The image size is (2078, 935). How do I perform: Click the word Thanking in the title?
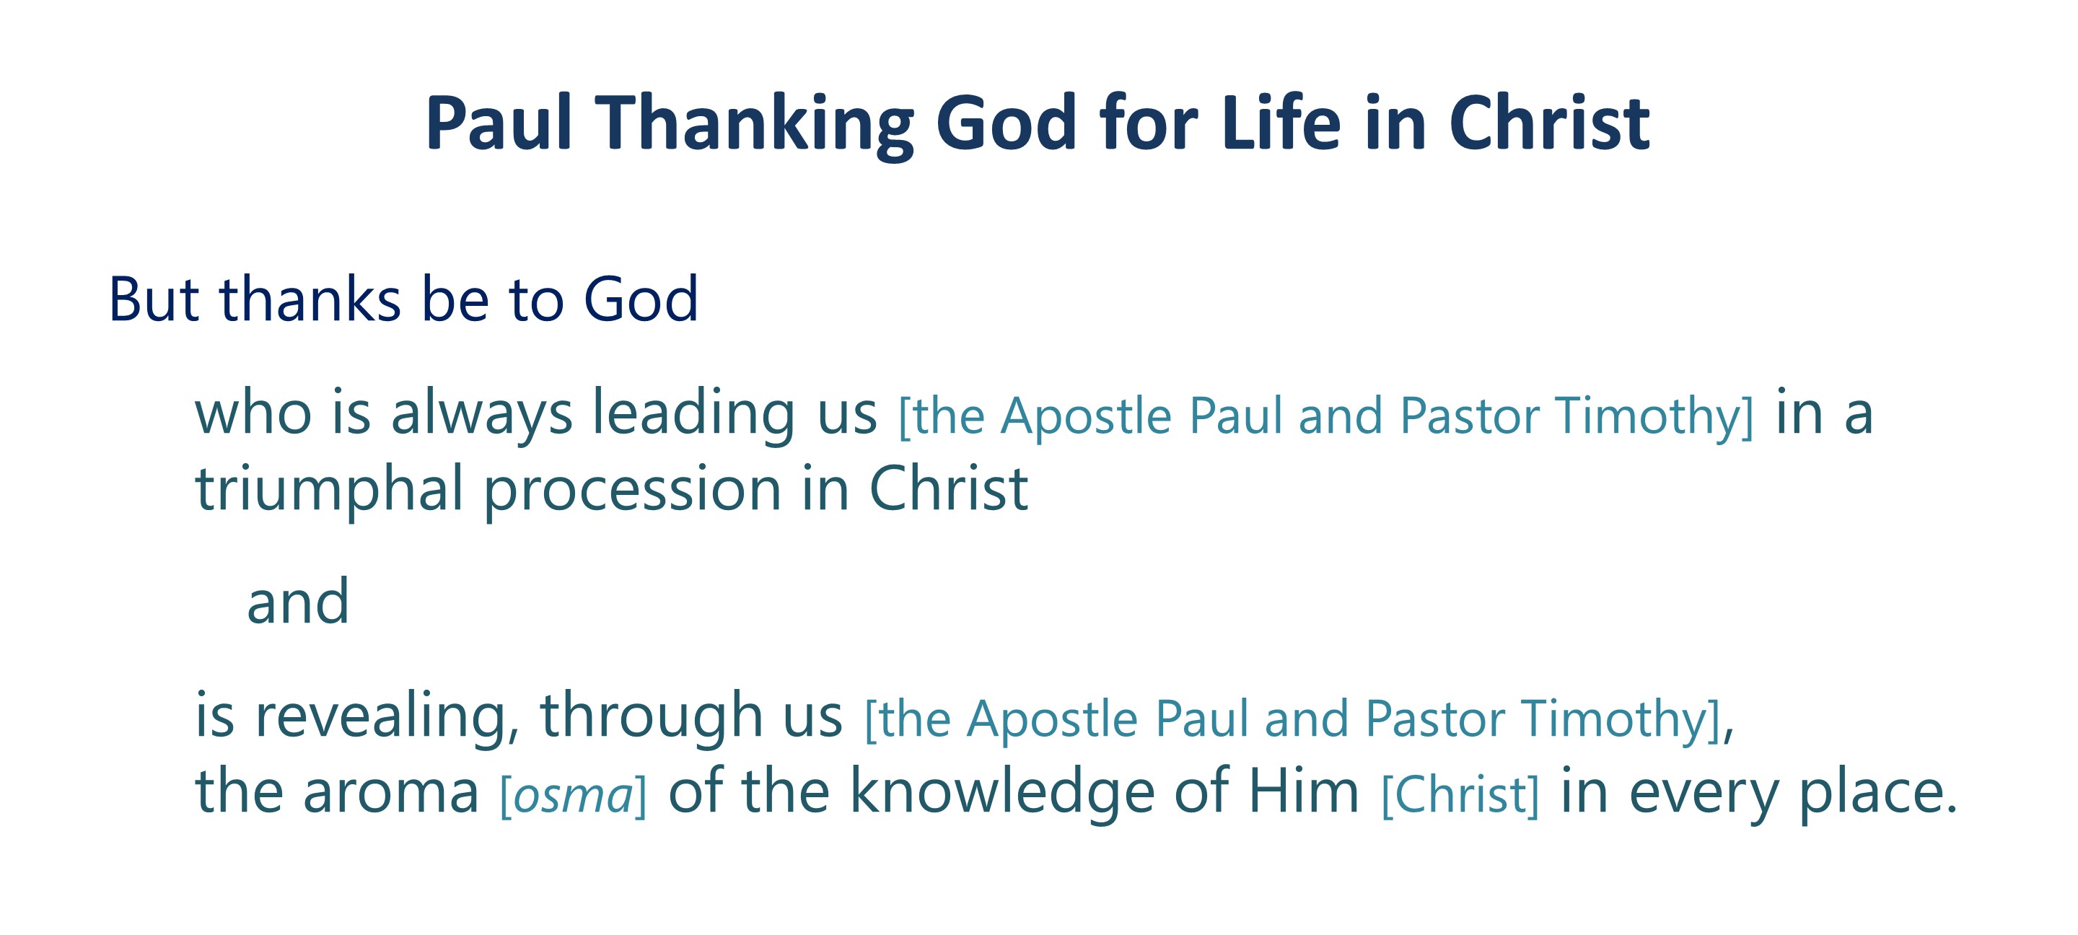753,123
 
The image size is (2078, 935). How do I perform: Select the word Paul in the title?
499,122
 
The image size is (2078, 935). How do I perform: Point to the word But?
153,299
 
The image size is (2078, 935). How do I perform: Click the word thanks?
310,298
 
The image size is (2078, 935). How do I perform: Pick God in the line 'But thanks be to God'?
641,299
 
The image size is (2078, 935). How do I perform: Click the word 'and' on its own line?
298,602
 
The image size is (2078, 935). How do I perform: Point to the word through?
651,716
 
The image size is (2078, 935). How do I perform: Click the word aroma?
391,793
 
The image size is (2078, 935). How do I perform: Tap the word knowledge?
1003,791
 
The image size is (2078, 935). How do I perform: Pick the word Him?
1304,791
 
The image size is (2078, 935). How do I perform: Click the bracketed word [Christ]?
1460,796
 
